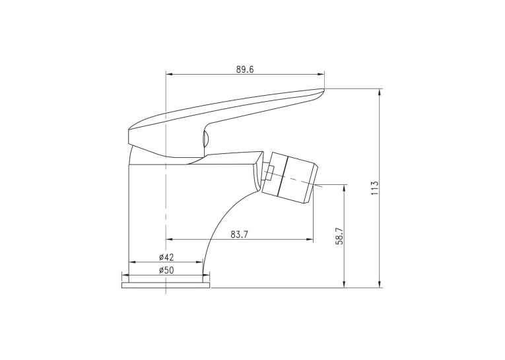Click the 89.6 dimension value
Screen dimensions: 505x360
(x=245, y=69)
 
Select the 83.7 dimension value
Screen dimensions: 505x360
(x=239, y=234)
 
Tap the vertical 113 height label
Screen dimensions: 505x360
(x=374, y=188)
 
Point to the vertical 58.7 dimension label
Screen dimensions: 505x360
(x=340, y=236)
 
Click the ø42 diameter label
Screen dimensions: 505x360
(x=166, y=257)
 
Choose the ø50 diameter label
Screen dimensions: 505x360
(x=166, y=270)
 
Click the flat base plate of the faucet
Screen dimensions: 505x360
(x=166, y=285)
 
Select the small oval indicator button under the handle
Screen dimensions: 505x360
(x=205, y=139)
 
